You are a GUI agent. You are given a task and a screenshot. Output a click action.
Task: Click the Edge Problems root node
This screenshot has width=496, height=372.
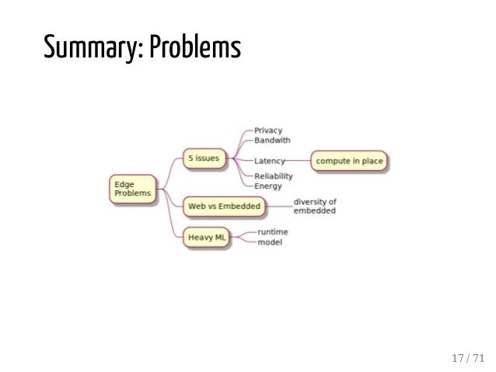pos(132,189)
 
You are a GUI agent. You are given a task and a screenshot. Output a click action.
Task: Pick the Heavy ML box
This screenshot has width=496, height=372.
pos(206,237)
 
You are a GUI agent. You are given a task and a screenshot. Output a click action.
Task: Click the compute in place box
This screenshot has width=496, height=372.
pos(349,161)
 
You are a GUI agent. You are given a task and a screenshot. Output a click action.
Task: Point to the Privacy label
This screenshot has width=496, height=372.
pos(268,130)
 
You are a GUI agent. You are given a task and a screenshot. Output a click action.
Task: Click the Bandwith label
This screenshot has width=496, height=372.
pos(272,141)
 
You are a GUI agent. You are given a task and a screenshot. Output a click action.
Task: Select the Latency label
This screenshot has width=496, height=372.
pos(270,161)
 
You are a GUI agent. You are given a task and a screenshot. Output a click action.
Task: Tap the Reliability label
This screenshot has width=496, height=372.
pos(274,176)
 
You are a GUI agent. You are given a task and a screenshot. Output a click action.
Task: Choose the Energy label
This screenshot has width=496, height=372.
pos(268,186)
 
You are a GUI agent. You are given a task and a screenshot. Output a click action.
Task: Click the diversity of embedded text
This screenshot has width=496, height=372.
pos(315,207)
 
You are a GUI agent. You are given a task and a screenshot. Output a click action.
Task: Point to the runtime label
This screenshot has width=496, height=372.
pos(273,231)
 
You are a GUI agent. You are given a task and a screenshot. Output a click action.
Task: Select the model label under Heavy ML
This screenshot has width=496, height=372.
pos(270,242)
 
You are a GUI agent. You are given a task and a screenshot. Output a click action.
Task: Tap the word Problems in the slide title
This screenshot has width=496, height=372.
pos(195,48)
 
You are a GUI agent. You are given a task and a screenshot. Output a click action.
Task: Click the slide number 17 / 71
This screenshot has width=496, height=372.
pos(467,358)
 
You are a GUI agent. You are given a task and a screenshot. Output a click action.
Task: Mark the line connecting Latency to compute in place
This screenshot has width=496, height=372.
pos(299,161)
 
